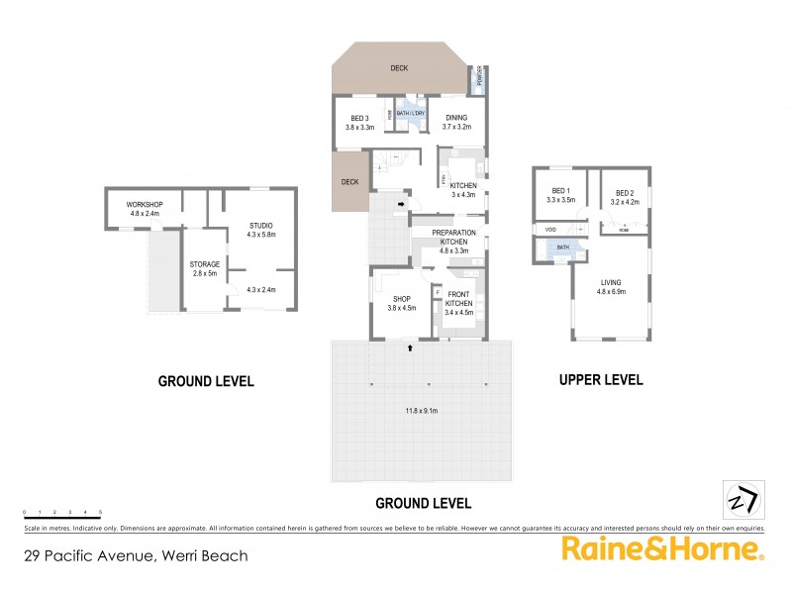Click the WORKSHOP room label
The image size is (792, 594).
144,204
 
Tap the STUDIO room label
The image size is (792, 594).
260,227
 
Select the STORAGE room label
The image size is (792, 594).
205,263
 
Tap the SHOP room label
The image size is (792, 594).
401,300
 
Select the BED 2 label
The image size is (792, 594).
625,193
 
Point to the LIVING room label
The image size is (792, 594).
610,282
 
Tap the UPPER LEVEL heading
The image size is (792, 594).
601,379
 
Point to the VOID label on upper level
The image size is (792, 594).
550,230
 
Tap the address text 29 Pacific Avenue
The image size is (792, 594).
137,555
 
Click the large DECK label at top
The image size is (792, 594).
398,68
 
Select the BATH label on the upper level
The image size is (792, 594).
562,247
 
